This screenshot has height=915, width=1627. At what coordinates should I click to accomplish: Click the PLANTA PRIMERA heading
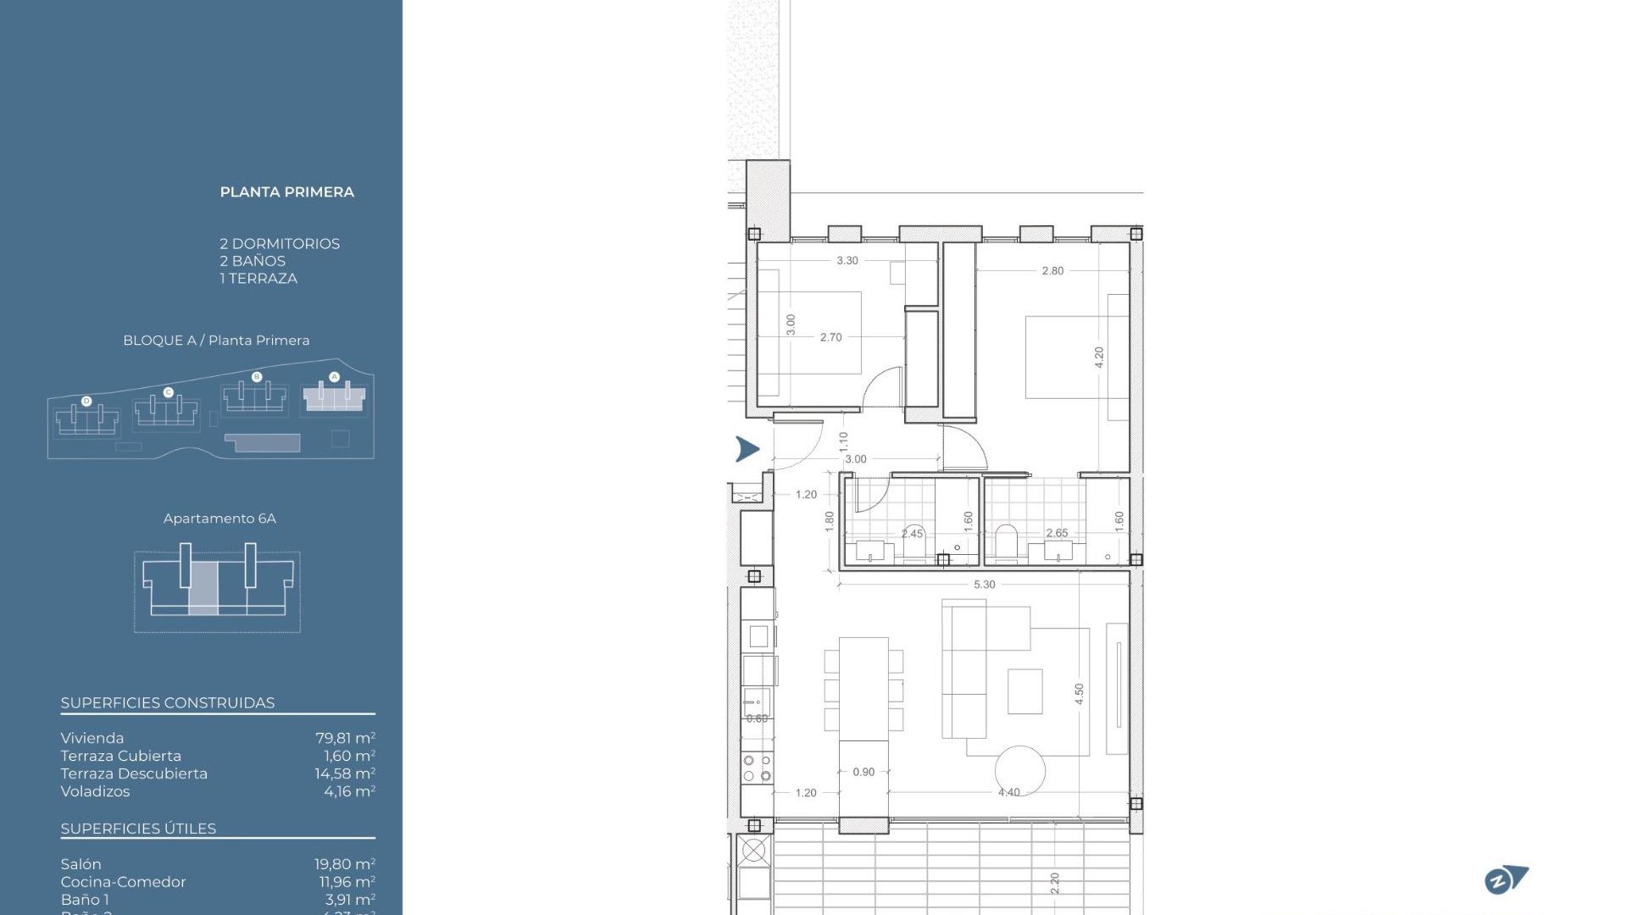click(286, 192)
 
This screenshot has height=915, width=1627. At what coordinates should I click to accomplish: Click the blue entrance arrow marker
click(747, 449)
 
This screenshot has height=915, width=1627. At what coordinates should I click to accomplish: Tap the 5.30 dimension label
click(984, 585)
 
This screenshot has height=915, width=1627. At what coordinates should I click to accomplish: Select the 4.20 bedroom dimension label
click(1099, 357)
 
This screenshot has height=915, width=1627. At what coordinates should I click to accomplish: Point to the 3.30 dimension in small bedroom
click(847, 261)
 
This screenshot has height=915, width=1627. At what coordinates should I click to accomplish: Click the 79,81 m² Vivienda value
click(345, 738)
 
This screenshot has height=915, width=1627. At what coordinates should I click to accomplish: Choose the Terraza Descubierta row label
click(134, 774)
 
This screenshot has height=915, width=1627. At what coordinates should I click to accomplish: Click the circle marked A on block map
click(334, 377)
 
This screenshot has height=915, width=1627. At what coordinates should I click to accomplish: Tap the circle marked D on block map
click(86, 401)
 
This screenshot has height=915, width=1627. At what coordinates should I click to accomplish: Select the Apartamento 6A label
click(219, 518)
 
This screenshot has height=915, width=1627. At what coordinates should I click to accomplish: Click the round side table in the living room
click(1019, 770)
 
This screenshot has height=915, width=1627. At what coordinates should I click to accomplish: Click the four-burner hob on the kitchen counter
click(757, 768)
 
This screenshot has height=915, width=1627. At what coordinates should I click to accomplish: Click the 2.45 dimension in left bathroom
click(912, 534)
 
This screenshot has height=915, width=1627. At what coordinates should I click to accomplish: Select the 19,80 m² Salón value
click(344, 864)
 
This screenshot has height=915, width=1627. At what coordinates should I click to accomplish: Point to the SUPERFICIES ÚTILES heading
click(138, 829)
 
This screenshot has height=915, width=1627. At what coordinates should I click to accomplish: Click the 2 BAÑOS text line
click(253, 261)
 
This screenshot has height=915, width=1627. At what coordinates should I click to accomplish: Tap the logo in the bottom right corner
click(1506, 880)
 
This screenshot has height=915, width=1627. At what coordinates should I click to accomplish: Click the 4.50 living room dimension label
click(1079, 695)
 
